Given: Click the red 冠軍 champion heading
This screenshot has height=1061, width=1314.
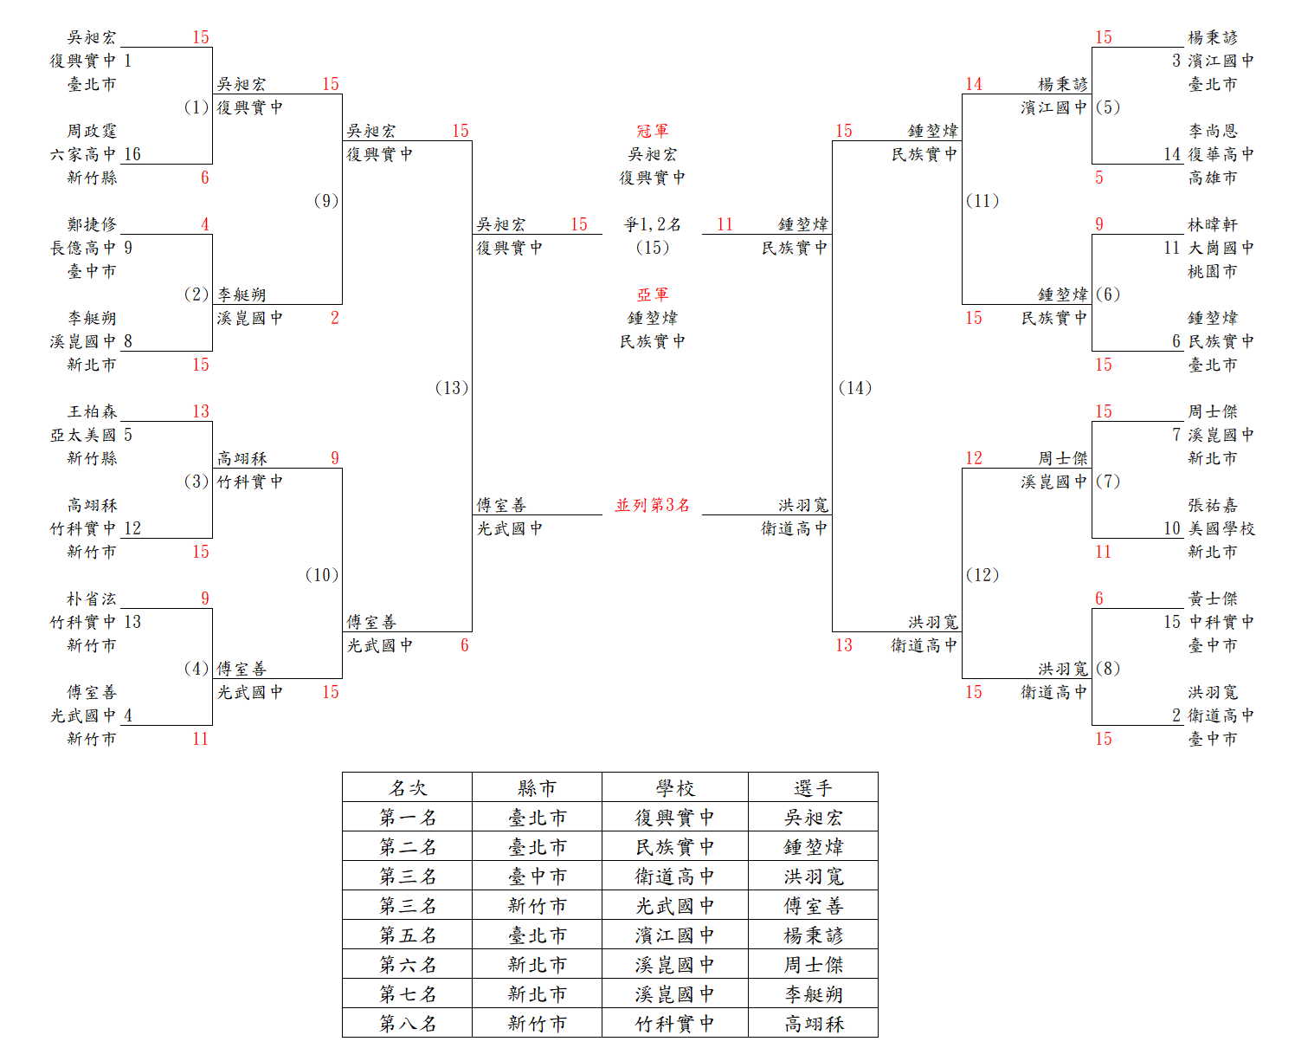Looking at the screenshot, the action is tap(652, 131).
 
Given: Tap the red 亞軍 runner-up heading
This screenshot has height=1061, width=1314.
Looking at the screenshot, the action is tap(652, 294).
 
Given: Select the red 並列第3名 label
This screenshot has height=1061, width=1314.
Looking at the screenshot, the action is tap(652, 505).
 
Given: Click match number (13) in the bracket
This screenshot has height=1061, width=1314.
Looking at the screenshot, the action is tap(452, 387).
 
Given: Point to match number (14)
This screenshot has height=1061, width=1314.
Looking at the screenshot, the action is tap(855, 387).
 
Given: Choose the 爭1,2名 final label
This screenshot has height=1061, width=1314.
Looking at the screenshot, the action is tap(652, 224).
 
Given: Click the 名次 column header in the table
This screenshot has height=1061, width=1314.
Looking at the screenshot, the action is tap(407, 788).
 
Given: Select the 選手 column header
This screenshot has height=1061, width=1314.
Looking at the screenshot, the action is tap(813, 788).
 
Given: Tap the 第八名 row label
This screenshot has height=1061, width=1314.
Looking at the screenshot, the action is tap(407, 1023).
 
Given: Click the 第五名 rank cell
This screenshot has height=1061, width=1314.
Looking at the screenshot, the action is tap(407, 935).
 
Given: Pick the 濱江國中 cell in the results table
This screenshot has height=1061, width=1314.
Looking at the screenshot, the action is tap(674, 935).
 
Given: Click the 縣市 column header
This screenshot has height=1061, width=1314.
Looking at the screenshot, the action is tap(537, 788).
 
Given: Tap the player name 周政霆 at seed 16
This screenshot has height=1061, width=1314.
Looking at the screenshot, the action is tap(92, 131).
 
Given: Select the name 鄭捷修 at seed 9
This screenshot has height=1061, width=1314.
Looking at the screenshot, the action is tap(92, 224).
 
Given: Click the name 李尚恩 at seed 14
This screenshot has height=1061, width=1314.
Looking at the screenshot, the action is tap(1213, 131).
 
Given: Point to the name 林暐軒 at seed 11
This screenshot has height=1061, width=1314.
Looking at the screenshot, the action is tap(1213, 224).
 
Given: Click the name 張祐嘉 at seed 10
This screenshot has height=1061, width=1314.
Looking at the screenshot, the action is tap(1213, 505).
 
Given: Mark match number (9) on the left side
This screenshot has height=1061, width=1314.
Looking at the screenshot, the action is tap(326, 200).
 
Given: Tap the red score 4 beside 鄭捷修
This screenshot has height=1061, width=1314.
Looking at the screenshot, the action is tap(205, 224).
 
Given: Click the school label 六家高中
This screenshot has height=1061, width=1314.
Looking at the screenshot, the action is tap(83, 154).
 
